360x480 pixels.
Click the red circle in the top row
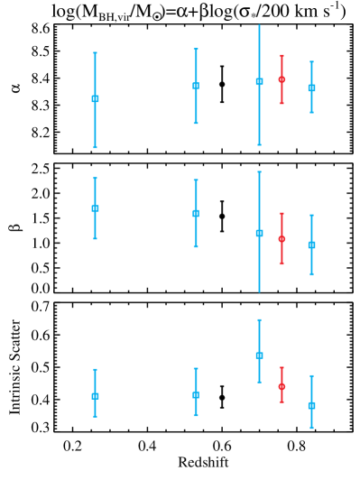click(282, 79)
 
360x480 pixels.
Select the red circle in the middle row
click(282, 239)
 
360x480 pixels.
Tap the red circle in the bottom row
click(282, 386)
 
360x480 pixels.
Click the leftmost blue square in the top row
click(95, 98)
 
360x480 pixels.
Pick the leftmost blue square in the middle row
click(95, 208)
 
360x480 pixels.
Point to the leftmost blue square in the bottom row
click(95, 396)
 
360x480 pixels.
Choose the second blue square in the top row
click(196, 86)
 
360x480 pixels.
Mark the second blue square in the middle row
click(196, 214)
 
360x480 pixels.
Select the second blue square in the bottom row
click(196, 394)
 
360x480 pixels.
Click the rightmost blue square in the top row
click(311, 88)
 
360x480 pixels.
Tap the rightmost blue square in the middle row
click(311, 245)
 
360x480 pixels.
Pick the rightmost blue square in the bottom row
click(311, 405)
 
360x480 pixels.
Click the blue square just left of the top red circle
click(259, 81)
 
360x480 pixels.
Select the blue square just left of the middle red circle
click(259, 233)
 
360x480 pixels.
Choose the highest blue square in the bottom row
click(259, 355)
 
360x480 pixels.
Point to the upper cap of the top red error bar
click(282, 56)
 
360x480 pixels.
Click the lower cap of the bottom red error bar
click(282, 402)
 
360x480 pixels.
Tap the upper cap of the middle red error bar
click(282, 214)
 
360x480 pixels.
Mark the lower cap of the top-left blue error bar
click(95, 147)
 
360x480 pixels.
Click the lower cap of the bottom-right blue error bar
click(311, 427)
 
